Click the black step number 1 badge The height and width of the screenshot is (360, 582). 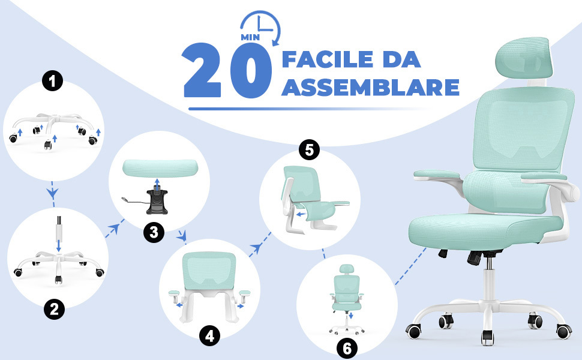(x=52, y=81)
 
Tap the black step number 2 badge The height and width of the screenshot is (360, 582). (x=54, y=309)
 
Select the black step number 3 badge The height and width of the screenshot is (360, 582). (x=154, y=232)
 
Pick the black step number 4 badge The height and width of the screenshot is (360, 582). (x=210, y=336)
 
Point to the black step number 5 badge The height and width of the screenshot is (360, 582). (x=309, y=150)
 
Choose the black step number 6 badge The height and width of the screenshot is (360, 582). (x=347, y=348)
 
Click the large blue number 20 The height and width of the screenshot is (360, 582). (x=227, y=70)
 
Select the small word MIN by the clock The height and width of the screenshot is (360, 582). (x=250, y=37)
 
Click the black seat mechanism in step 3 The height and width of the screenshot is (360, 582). (x=157, y=202)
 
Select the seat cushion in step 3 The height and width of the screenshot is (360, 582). (x=160, y=168)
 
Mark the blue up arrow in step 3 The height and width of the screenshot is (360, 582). (x=157, y=184)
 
